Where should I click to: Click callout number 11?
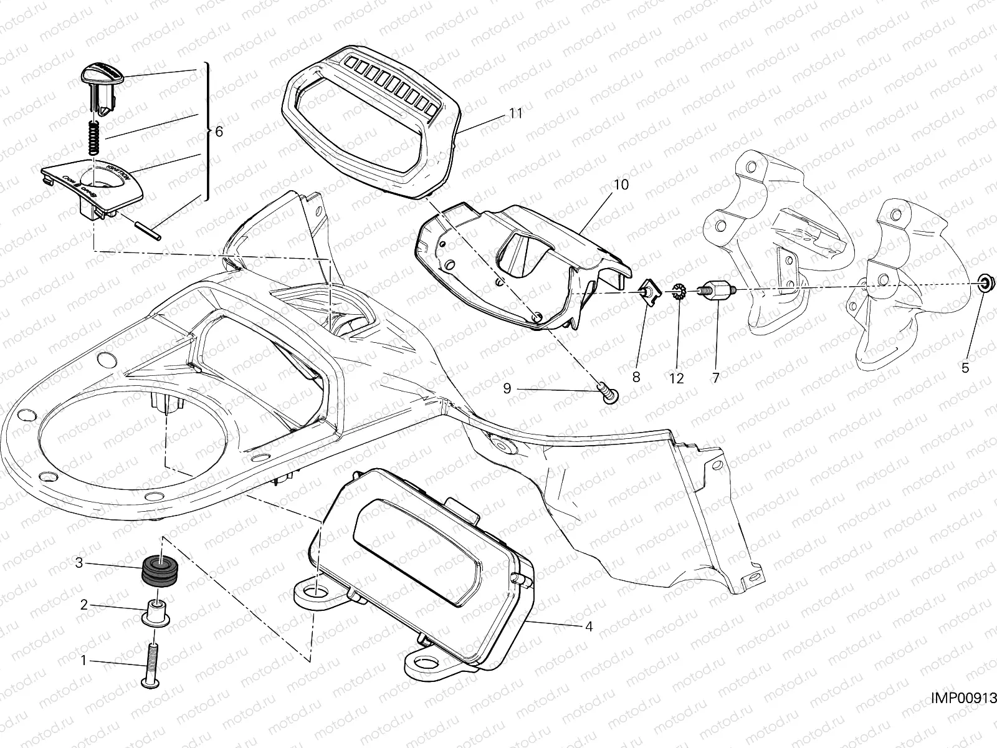click(515, 114)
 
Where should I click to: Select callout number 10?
click(621, 185)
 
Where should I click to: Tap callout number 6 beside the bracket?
click(218, 132)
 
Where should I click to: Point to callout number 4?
click(588, 627)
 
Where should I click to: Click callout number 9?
click(507, 388)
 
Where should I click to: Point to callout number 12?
click(677, 378)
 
